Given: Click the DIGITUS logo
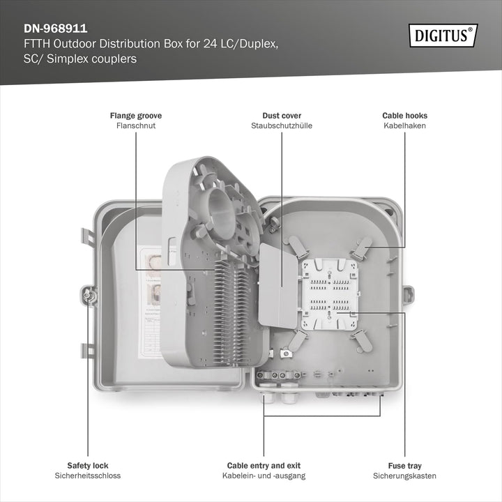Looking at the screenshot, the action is tap(443, 36).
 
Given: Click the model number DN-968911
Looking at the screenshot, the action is tap(55, 29).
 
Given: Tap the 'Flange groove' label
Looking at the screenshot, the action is tap(136, 116).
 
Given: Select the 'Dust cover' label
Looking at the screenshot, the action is tap(282, 116).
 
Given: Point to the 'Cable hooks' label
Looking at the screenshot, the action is tap(404, 116).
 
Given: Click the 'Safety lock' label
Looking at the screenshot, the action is tap(88, 466).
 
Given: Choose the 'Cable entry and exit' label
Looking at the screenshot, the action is tap(264, 466).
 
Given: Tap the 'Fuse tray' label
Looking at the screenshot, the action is tap(404, 466).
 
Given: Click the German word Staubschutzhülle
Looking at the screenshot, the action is tap(282, 125).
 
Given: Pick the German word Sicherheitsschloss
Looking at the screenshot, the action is tap(88, 476).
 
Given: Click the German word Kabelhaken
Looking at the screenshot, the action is tap(404, 125).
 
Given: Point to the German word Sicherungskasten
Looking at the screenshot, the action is tap(404, 476).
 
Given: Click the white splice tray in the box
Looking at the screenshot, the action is tap(329, 294).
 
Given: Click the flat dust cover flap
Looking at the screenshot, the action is tap(277, 286).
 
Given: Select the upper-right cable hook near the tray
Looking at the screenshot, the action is tap(361, 248).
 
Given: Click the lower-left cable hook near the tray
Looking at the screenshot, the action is tap(297, 341).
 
